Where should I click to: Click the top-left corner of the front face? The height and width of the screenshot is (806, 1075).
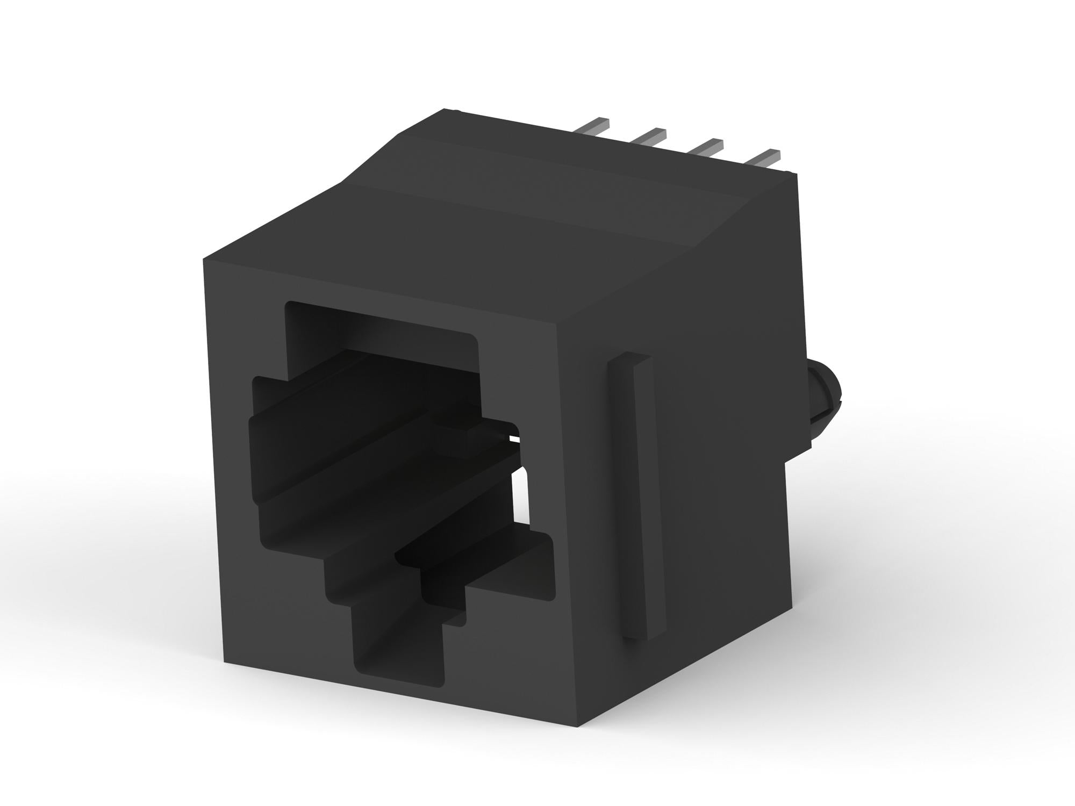pos(204,261)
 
